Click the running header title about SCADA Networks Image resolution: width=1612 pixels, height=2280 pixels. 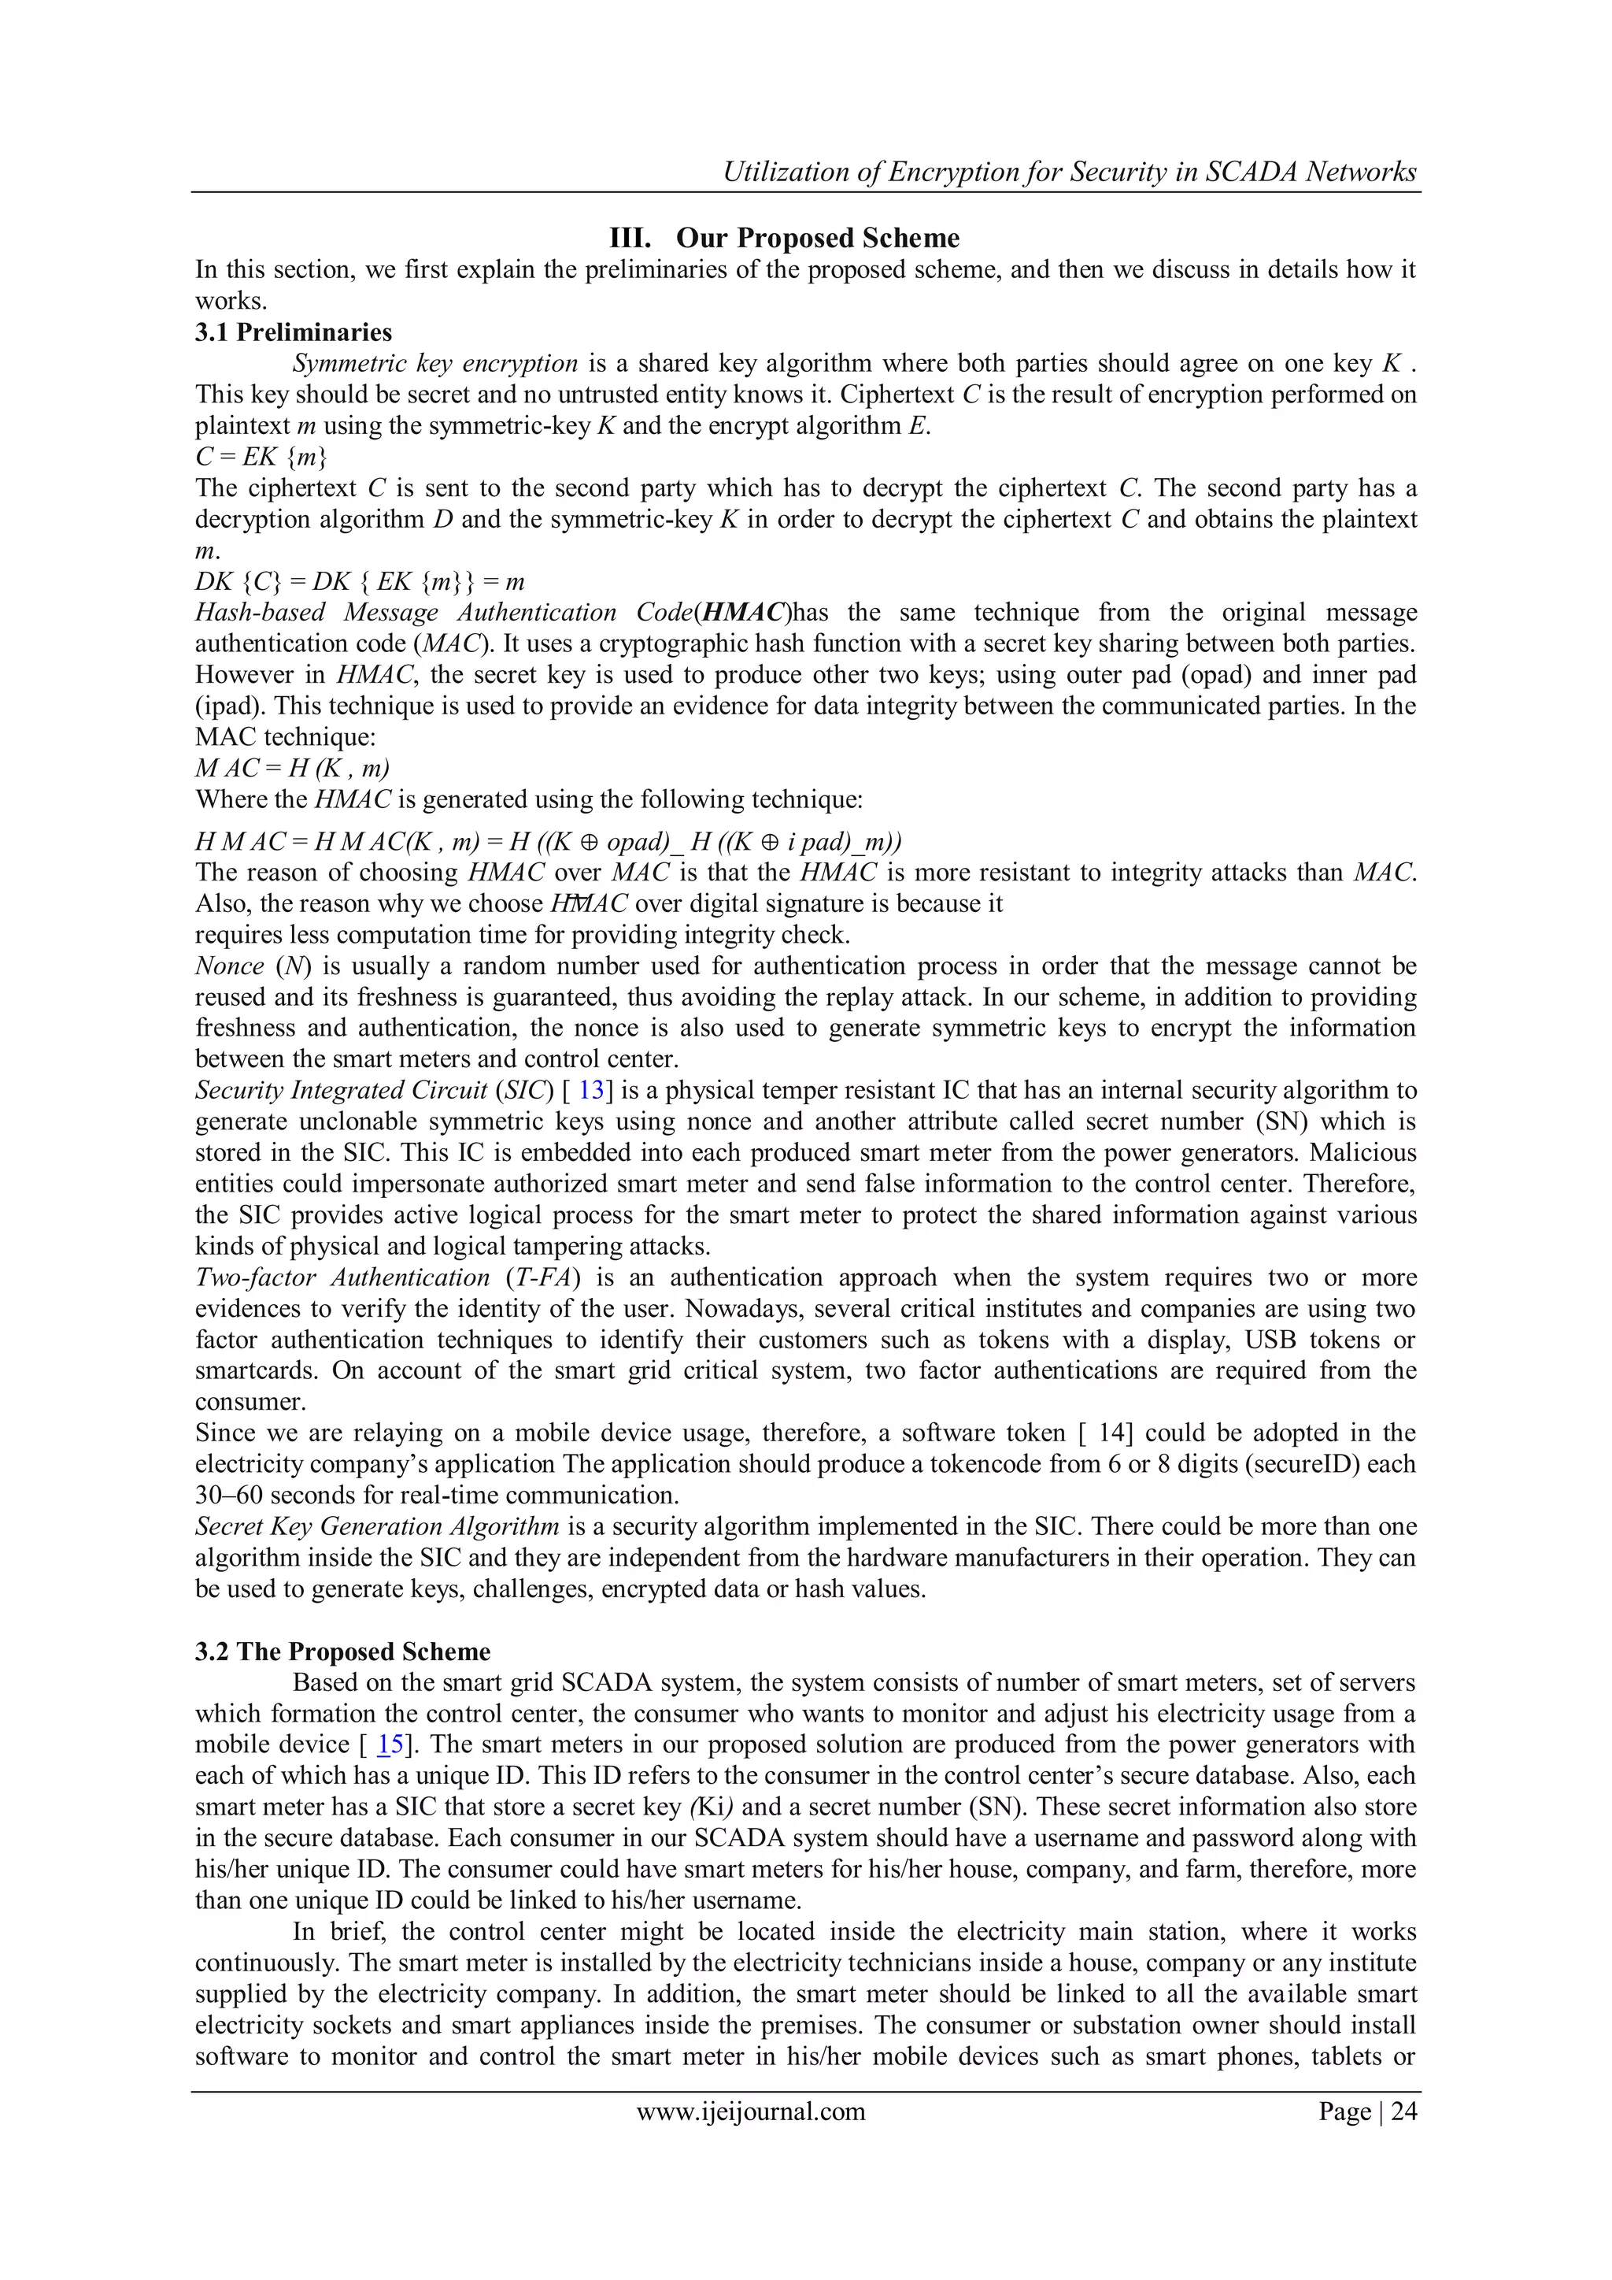point(1069,172)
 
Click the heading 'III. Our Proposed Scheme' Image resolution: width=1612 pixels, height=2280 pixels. point(784,239)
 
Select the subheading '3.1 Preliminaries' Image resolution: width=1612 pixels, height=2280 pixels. point(293,332)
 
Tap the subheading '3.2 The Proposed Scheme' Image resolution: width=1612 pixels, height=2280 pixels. point(342,1652)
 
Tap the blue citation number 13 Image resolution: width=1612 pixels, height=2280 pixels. point(590,1090)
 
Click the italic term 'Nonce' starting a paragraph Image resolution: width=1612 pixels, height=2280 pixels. point(229,966)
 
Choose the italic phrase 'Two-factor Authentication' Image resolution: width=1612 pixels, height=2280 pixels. point(342,1277)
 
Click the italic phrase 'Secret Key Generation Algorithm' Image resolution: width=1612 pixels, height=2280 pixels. point(376,1526)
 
